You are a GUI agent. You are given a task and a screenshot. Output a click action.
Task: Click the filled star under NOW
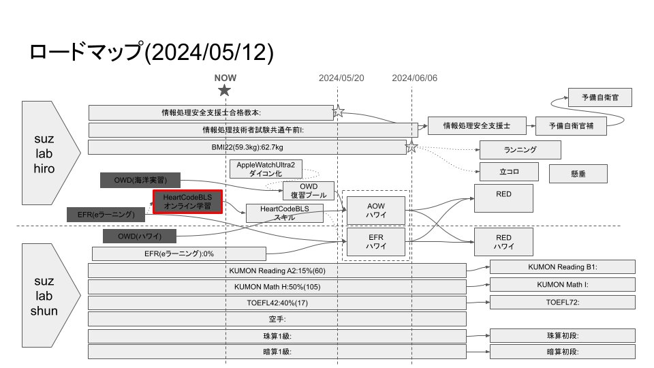225,91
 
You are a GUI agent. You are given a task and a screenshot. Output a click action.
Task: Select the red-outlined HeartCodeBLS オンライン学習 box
187,202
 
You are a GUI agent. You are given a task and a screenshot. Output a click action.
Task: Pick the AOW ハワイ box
376,210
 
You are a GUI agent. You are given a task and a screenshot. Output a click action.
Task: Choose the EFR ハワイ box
376,241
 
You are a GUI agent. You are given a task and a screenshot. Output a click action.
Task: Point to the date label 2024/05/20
341,78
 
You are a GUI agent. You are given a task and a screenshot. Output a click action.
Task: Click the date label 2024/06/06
415,78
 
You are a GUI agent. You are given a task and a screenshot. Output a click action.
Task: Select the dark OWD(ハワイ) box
140,236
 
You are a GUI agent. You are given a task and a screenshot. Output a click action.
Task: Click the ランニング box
520,149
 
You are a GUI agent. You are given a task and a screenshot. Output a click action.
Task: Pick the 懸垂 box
578,173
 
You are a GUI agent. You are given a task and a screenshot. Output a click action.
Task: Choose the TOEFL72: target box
562,301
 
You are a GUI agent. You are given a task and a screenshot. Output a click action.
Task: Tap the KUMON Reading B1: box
562,266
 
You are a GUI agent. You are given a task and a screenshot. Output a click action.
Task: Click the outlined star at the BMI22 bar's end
411,147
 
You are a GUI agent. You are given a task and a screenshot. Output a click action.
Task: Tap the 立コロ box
509,172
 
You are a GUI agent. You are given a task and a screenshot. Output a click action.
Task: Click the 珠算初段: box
562,335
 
